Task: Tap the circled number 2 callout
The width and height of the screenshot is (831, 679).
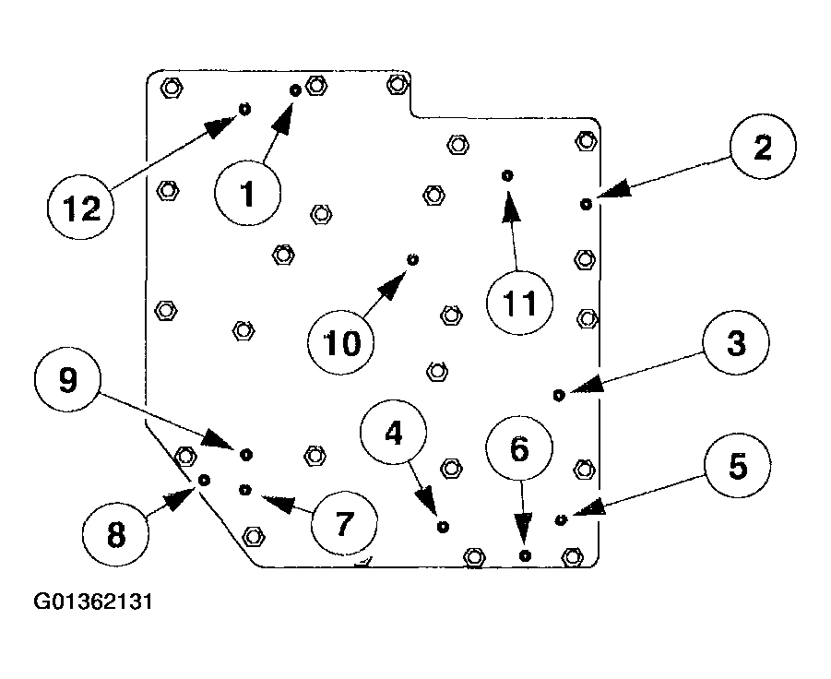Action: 762,149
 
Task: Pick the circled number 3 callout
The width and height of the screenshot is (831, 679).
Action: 735,344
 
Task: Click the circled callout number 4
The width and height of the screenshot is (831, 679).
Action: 394,434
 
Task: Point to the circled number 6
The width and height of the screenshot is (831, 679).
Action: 519,449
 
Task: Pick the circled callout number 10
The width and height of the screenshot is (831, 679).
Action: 342,343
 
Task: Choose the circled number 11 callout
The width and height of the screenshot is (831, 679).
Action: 519,304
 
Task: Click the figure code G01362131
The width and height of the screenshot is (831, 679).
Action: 93,603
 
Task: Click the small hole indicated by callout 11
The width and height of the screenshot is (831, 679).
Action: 506,174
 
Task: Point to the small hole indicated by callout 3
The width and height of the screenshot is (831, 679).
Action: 558,395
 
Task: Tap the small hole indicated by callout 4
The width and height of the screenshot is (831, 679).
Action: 444,526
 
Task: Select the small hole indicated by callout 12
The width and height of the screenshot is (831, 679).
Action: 245,108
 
